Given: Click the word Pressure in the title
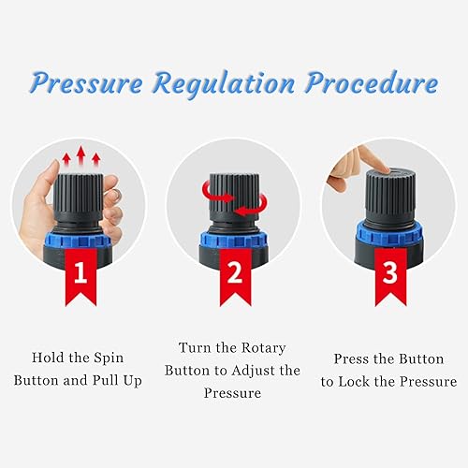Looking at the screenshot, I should point(83,83).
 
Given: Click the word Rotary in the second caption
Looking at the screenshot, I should point(263,346).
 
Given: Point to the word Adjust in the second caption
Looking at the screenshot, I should point(242,371).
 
